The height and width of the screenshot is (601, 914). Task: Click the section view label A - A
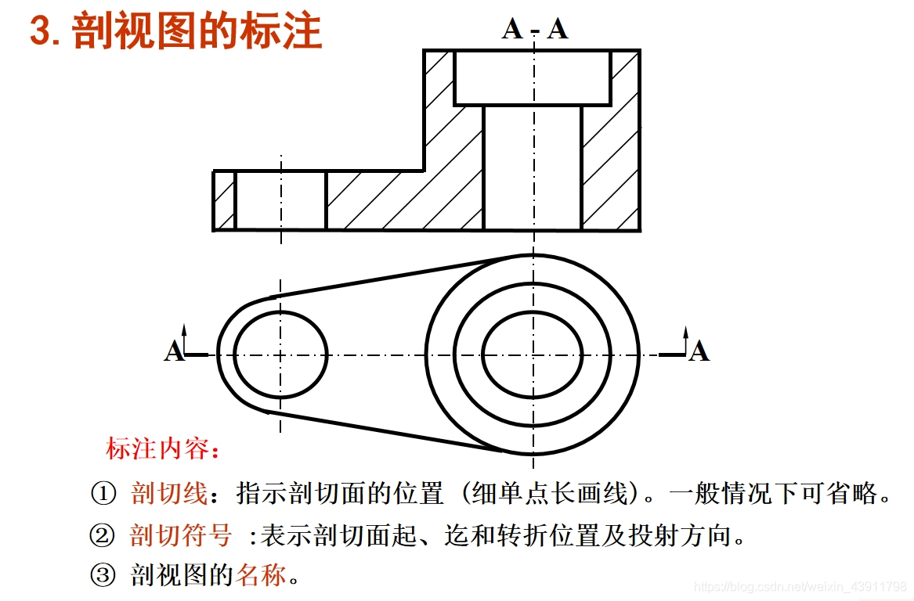click(535, 28)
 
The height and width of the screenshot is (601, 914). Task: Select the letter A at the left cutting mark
click(174, 351)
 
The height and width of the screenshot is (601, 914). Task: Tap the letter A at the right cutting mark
click(699, 351)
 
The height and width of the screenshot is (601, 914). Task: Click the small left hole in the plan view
click(280, 354)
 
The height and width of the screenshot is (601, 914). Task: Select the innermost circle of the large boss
click(533, 354)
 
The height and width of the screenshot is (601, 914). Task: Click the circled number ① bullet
click(103, 495)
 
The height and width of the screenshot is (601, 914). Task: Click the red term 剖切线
click(168, 495)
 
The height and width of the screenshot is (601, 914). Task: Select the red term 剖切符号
click(181, 536)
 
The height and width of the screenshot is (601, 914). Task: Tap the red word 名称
click(261, 577)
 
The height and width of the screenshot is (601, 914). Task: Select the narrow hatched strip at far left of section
click(224, 200)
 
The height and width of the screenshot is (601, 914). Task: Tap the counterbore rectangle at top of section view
click(533, 77)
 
